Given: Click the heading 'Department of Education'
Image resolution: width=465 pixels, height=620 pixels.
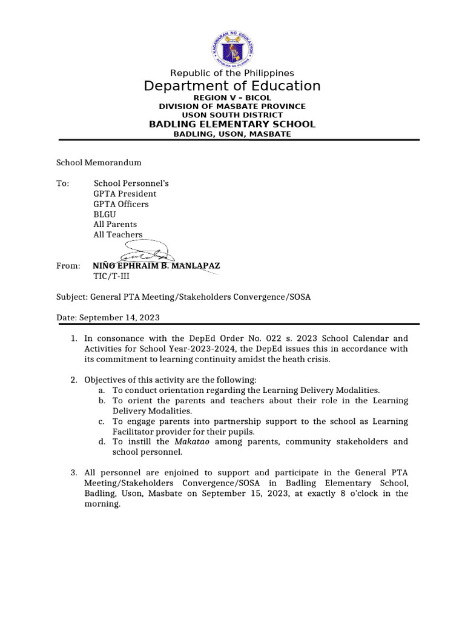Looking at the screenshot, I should pyautogui.click(x=232, y=86).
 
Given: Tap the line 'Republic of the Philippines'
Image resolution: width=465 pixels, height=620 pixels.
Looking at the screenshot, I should pyautogui.click(x=232, y=73).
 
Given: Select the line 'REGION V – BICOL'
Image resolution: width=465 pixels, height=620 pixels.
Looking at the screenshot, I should pyautogui.click(x=232, y=97).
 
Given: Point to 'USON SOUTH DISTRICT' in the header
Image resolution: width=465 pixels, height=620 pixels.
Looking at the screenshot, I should pyautogui.click(x=232, y=115).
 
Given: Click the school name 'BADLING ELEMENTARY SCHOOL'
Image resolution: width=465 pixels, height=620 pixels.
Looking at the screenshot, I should pyautogui.click(x=232, y=124).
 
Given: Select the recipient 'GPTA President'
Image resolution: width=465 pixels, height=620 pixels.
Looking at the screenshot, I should pyautogui.click(x=125, y=194).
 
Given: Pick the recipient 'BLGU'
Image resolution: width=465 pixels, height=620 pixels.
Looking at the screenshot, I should pyautogui.click(x=105, y=214).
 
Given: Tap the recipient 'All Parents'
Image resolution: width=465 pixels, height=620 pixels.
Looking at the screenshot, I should pyautogui.click(x=115, y=224).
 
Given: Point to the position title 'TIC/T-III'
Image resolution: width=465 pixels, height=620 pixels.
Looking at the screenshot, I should pyautogui.click(x=111, y=276).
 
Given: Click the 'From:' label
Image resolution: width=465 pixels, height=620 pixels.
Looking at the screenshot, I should pyautogui.click(x=68, y=266).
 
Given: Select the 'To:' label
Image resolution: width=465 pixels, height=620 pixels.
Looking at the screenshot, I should pyautogui.click(x=63, y=183).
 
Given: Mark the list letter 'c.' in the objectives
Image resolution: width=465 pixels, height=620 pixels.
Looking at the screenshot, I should pyautogui.click(x=102, y=421).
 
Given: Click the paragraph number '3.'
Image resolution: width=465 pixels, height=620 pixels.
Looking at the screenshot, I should pyautogui.click(x=74, y=473).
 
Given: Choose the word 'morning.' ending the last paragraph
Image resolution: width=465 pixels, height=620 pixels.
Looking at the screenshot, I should pyautogui.click(x=103, y=504).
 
